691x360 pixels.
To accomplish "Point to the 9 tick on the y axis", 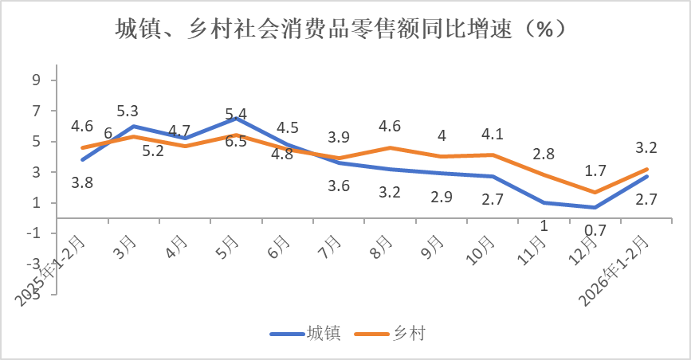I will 36,80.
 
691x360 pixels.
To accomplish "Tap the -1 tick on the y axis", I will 33,233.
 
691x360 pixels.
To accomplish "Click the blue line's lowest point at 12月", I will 595,207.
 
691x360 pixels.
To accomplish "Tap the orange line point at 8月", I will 391,147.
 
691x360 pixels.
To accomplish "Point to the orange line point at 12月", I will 595,192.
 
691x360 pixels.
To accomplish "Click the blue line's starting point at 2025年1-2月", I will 82,160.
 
